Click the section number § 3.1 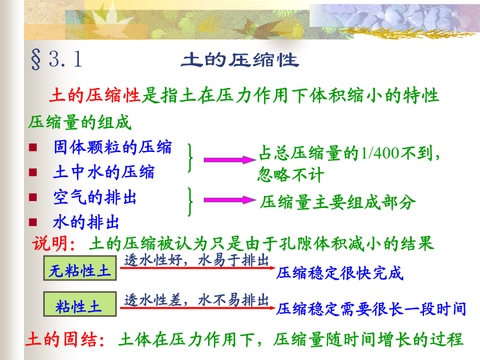[57, 59]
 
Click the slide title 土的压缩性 [239, 60]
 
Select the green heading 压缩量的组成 [79, 123]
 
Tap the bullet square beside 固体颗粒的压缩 [33, 148]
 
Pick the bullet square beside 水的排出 [33, 222]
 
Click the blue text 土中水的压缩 [104, 172]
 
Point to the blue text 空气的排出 [94, 197]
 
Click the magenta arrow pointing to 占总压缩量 [229, 160]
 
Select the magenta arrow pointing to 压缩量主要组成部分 [229, 200]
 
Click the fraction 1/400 [380, 153]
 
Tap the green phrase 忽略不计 [291, 175]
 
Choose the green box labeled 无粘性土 [80, 268]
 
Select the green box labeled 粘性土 [80, 304]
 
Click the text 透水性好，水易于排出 [196, 260]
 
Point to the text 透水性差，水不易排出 [196, 300]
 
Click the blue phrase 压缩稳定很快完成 [340, 273]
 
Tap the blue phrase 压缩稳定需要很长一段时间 [371, 309]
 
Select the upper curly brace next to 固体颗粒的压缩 [191, 158]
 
